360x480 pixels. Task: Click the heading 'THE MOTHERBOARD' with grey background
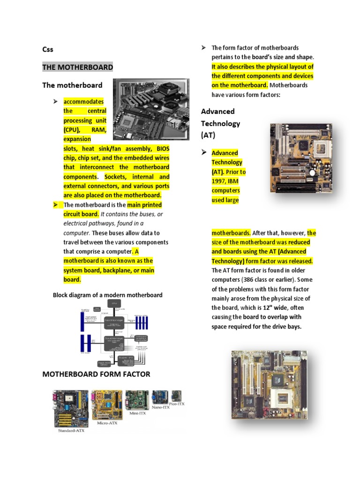click(x=77, y=67)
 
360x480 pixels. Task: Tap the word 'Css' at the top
click(x=48, y=49)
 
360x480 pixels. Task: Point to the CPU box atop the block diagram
click(x=113, y=304)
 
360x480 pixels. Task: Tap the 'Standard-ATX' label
click(x=71, y=430)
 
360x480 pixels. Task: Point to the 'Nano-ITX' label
click(x=161, y=408)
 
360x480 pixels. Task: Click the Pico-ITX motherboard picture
click(x=177, y=395)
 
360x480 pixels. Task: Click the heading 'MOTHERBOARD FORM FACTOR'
click(x=96, y=374)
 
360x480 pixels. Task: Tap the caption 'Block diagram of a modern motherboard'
click(x=107, y=295)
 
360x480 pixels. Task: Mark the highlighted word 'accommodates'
click(x=84, y=102)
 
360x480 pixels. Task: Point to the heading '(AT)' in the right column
click(x=208, y=135)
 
